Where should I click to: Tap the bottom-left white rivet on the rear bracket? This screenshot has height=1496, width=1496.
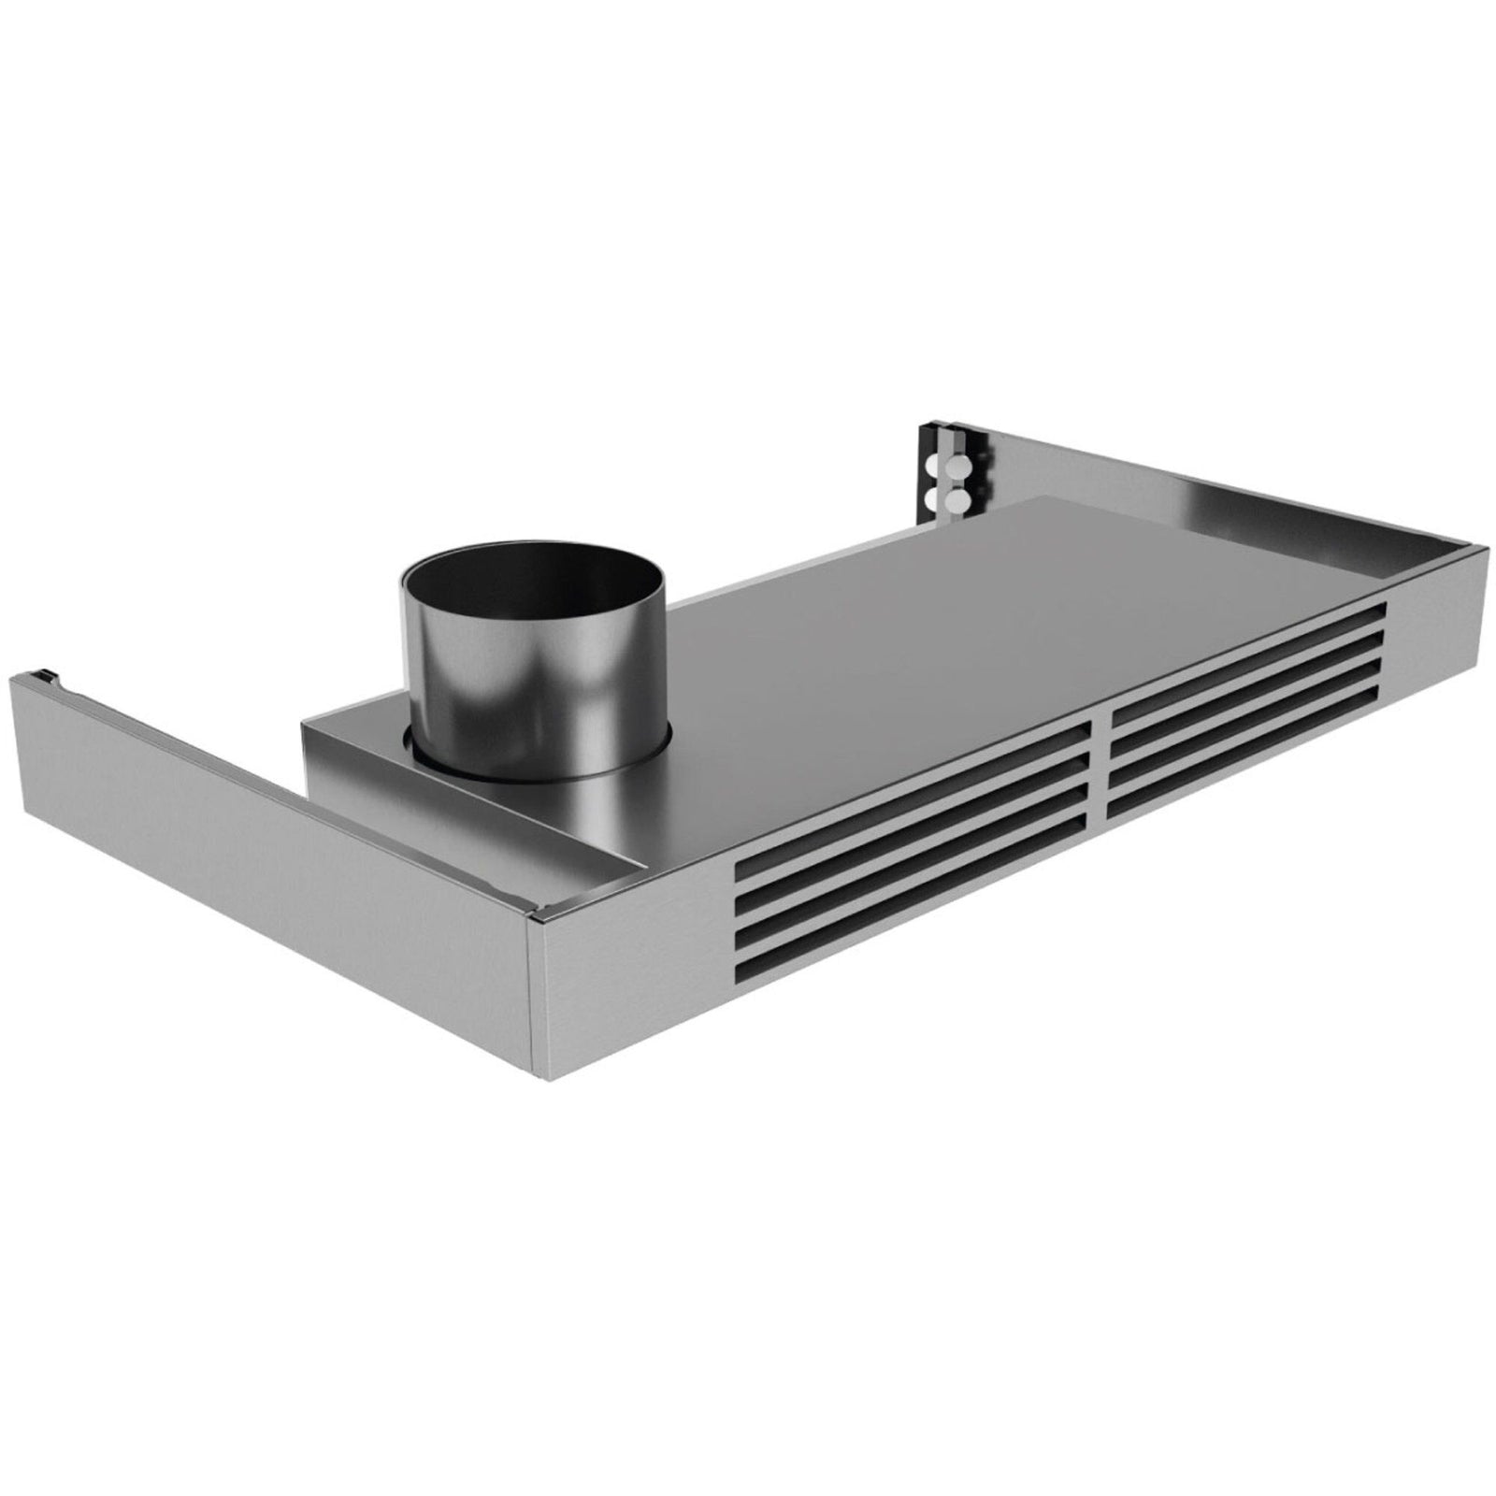click(931, 502)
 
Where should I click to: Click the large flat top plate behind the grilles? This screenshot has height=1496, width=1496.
click(935, 608)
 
